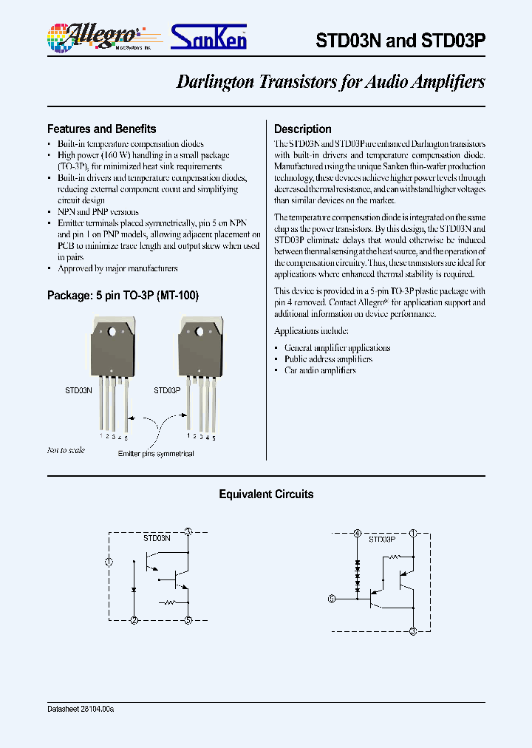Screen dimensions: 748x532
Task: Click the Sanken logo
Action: click(208, 37)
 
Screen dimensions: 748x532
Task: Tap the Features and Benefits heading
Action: click(101, 129)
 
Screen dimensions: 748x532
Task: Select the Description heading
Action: click(303, 129)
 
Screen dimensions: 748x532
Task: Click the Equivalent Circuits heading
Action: click(266, 494)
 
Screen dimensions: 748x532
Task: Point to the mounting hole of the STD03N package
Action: click(112, 332)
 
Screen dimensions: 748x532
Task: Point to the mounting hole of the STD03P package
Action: click(200, 332)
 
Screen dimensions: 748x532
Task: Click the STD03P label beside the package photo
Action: click(167, 390)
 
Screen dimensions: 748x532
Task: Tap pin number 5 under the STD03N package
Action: click(126, 438)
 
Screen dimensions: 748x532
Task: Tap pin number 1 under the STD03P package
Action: click(190, 436)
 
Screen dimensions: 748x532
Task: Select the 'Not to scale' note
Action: click(66, 450)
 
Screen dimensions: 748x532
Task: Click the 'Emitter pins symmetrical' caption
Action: click(156, 453)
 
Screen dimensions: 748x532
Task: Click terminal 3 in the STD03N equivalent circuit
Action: click(188, 531)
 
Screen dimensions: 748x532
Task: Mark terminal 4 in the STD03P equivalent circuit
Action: click(358, 533)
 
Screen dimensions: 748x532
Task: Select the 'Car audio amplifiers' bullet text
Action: click(320, 370)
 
